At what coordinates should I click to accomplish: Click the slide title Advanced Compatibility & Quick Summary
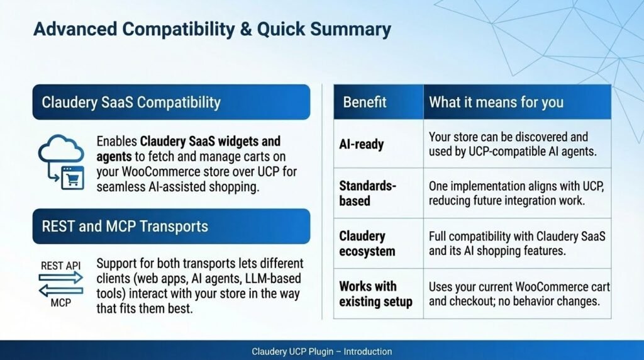point(212,30)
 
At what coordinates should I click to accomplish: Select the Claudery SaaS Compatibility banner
point(171,102)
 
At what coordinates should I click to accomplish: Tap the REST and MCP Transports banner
point(171,226)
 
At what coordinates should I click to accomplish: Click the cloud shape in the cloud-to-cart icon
point(61,149)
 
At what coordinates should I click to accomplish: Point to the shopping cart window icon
point(73,177)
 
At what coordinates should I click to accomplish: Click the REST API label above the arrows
point(61,266)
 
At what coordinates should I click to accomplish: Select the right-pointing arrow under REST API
point(61,278)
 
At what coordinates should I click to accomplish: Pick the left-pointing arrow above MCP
point(61,291)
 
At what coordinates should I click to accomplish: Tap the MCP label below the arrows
point(61,303)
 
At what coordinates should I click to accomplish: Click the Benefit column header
point(365,102)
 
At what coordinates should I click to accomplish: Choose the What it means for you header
point(496,102)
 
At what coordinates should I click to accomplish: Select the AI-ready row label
point(362,144)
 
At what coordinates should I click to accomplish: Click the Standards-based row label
point(367,193)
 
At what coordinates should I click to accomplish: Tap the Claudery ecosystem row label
point(367,244)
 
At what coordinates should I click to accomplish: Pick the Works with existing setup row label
point(376,293)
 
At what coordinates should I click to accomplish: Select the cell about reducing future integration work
point(516,193)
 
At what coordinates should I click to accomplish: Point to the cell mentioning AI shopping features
point(517,244)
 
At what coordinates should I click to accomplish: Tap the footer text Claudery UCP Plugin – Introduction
point(321,351)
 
